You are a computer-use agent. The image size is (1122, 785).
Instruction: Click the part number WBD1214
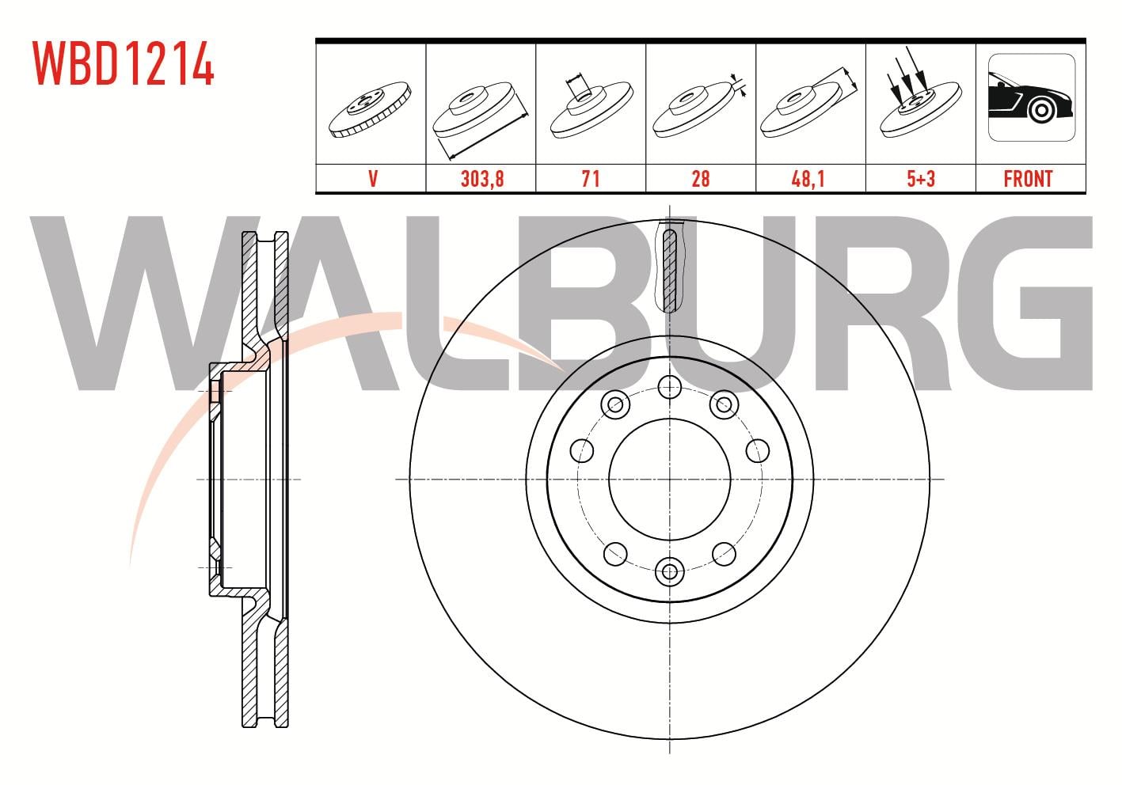click(x=124, y=63)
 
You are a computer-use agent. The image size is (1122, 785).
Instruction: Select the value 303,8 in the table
click(x=482, y=179)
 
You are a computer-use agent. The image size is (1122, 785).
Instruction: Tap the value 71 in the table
click(x=591, y=179)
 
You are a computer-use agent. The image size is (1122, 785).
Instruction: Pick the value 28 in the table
click(x=700, y=179)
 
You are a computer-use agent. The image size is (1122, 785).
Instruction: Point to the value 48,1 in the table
click(x=808, y=179)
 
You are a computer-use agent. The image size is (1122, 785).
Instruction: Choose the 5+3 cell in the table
click(x=921, y=179)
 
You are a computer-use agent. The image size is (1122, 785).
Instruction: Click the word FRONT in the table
click(x=1028, y=179)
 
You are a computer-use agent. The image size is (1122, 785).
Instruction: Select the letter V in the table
click(x=373, y=179)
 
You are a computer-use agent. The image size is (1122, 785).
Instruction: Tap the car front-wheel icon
click(x=1032, y=97)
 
